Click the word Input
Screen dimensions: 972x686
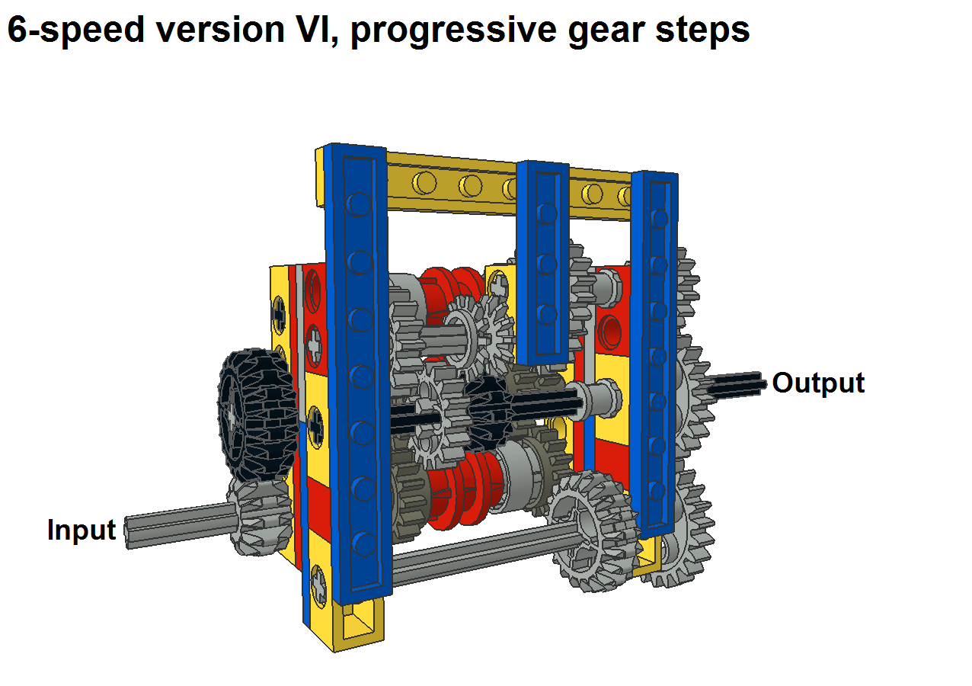[82, 531]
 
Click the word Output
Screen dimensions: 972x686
[818, 383]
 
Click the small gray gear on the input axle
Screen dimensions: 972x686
[260, 517]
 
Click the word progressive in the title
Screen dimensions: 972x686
[453, 31]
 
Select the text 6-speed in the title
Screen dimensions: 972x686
[75, 30]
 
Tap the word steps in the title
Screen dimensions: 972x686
[702, 31]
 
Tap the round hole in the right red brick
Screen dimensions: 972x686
[609, 332]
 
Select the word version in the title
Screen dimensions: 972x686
[220, 30]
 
